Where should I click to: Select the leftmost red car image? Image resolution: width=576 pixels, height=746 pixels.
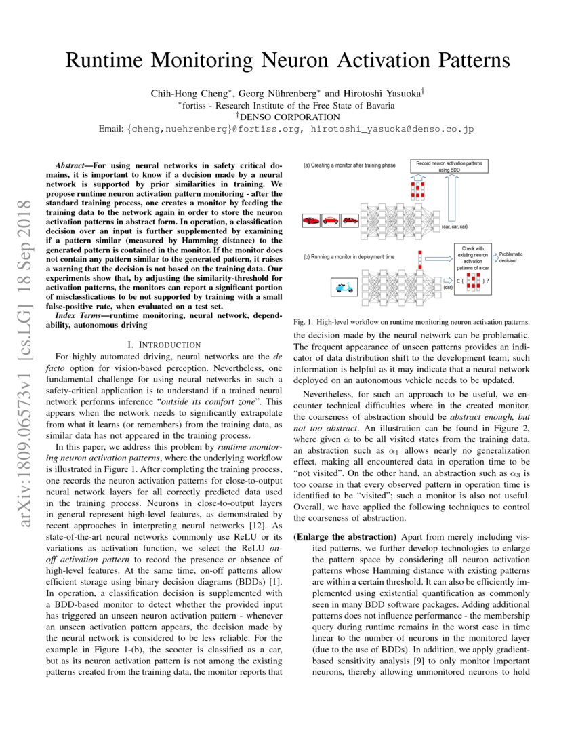click(x=311, y=220)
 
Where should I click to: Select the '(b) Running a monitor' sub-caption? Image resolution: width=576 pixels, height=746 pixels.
click(x=351, y=258)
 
